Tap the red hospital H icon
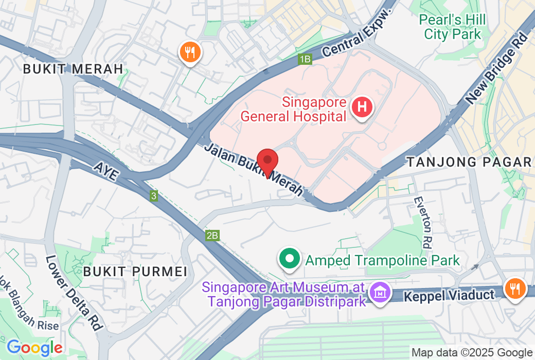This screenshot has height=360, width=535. (x=362, y=107)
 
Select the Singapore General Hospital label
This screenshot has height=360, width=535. (x=294, y=109)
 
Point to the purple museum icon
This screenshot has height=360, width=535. (x=380, y=293)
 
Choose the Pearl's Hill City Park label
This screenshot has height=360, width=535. (x=452, y=27)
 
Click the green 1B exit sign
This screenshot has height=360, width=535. (x=305, y=59)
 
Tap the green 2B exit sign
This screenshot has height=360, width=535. (x=212, y=236)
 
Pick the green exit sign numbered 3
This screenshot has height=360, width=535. (x=153, y=196)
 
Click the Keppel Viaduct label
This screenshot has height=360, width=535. (x=449, y=295)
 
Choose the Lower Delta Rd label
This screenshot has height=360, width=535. (x=74, y=293)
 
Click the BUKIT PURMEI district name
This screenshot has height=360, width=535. (x=135, y=272)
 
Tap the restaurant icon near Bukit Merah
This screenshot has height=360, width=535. (x=190, y=52)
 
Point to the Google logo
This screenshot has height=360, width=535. (x=34, y=348)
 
